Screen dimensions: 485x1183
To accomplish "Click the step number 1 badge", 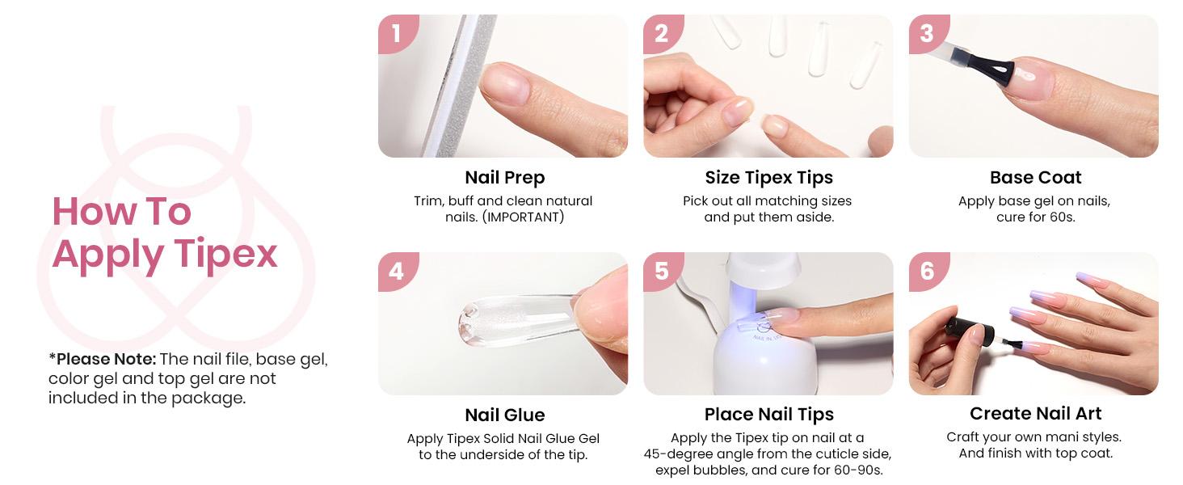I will [x=396, y=33].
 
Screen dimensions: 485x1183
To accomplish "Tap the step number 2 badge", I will [x=662, y=33].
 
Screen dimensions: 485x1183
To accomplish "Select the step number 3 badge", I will [x=927, y=33].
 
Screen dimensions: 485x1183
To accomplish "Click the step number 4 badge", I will [x=396, y=271].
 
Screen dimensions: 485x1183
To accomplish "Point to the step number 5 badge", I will [x=662, y=271].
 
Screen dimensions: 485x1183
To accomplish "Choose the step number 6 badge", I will [x=927, y=271].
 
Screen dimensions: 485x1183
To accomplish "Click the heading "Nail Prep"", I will [x=504, y=178].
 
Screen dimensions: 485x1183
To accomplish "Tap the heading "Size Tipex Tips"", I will [x=768, y=178].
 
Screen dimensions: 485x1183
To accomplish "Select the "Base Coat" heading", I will [x=1035, y=178].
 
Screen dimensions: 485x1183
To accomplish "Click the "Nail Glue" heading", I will [x=504, y=415].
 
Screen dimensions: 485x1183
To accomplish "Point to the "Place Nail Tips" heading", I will [x=768, y=415].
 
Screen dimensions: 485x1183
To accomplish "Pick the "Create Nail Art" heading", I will [x=1035, y=414].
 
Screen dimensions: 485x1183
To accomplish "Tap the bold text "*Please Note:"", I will [x=102, y=359].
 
